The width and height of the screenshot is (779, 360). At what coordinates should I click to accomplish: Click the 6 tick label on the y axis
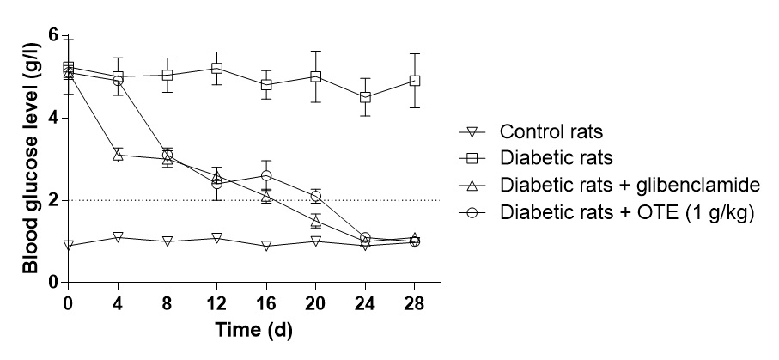click(x=52, y=36)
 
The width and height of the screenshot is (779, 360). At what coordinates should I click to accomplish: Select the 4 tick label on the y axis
click(x=52, y=118)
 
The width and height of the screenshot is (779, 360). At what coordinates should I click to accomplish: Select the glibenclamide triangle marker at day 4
click(x=118, y=155)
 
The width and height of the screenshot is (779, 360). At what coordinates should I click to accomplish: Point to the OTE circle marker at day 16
click(x=266, y=175)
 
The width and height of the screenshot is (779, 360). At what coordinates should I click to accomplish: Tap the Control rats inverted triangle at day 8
click(x=167, y=241)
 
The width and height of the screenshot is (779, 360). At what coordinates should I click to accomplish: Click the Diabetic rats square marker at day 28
click(x=415, y=81)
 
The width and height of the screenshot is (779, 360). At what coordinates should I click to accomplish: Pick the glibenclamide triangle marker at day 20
click(x=316, y=222)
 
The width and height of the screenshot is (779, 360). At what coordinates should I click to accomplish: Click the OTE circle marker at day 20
click(x=316, y=197)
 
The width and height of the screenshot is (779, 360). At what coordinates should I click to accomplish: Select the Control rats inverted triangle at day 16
click(x=266, y=246)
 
